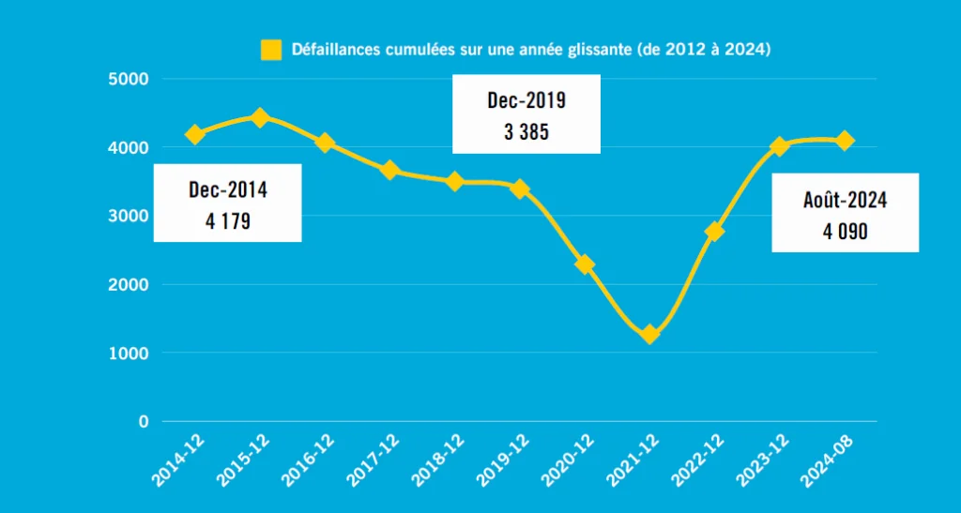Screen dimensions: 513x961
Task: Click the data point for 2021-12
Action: click(x=649, y=334)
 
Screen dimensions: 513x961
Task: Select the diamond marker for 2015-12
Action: click(x=261, y=117)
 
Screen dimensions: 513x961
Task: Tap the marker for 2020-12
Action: click(x=585, y=264)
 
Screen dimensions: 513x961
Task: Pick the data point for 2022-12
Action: click(x=714, y=231)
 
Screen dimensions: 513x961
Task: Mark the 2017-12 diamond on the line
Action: click(x=390, y=170)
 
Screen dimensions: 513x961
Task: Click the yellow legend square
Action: click(x=271, y=50)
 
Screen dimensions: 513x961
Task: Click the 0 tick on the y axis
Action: click(x=143, y=421)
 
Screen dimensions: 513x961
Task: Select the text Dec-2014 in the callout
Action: click(x=227, y=190)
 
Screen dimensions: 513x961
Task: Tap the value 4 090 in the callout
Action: click(x=845, y=232)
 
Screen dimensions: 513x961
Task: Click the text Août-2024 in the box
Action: click(x=845, y=200)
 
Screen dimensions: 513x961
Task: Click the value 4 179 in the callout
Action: click(x=227, y=222)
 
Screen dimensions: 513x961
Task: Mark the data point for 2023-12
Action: click(x=779, y=146)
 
